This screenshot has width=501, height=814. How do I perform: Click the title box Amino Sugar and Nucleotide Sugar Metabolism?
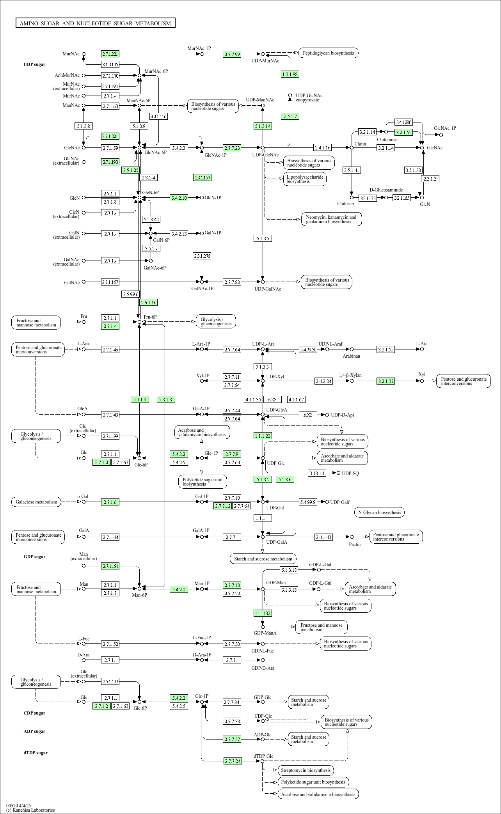coord(96,23)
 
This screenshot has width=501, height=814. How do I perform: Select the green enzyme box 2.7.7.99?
coord(232,54)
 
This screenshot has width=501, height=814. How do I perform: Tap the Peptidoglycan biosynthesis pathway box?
coord(328,53)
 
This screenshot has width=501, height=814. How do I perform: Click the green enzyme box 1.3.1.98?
coord(290,74)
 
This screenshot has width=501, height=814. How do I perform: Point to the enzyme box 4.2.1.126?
coord(158,116)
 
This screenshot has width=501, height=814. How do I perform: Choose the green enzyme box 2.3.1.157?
coord(202,177)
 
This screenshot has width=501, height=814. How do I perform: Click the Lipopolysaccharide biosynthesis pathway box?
coord(305,179)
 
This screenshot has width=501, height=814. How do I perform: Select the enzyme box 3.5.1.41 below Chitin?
coord(352,170)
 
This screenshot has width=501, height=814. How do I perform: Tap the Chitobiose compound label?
coord(387,140)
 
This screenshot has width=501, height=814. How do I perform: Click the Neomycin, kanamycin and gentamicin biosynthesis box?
coord(331,219)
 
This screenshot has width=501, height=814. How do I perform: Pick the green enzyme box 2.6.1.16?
coord(149,302)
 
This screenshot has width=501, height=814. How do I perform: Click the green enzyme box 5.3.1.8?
coord(166,399)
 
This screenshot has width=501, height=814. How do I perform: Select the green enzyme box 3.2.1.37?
coord(386,381)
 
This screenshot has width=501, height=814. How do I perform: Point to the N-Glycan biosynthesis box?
coord(379,513)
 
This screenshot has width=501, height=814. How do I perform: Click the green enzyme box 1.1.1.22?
coord(263,436)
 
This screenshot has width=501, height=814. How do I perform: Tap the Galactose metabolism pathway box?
coord(36,502)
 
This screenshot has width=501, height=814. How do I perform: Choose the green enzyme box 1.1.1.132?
coord(263,613)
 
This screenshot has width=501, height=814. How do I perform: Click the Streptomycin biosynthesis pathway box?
coord(306,770)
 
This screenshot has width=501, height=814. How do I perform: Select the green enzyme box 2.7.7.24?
coord(233,761)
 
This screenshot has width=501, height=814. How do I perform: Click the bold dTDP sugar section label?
coord(36,753)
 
